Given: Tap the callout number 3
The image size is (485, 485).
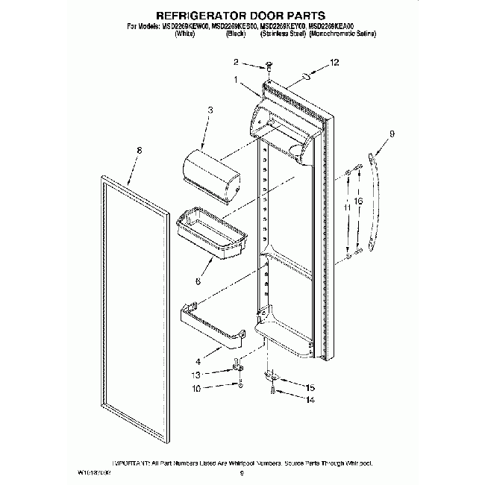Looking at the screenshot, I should coord(210,110).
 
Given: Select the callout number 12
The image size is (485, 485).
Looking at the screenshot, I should coord(334,64).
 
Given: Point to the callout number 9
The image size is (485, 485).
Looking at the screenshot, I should coord(392,135).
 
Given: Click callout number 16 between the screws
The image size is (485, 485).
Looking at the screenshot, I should coord(359,202).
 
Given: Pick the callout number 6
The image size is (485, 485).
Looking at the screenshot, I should coord(198,281).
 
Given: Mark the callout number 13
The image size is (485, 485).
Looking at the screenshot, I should coord(196,375).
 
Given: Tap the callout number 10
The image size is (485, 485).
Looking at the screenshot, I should coord(196,389).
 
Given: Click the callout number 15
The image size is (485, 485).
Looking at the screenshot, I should coord(311,387).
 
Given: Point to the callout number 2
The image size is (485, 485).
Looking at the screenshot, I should coord(237,62).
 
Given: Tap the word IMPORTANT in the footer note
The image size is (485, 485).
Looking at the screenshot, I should coord(131,463).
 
